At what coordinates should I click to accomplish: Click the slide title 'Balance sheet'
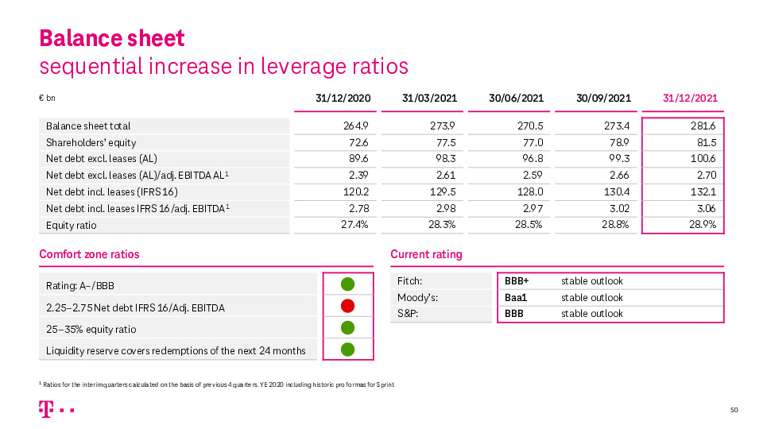pos(112,38)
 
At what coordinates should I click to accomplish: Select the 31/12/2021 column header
pos(690,99)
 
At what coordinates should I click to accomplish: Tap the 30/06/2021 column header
pos(517,99)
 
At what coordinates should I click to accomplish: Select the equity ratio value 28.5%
pos(528,225)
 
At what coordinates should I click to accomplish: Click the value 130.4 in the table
pos(617,191)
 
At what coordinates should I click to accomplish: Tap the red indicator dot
pos(347,306)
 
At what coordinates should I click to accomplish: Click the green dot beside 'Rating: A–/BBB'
pos(347,284)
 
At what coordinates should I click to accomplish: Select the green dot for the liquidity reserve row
pos(347,349)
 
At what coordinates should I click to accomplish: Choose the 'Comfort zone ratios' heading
pos(89,254)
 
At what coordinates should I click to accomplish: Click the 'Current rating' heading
pos(426,254)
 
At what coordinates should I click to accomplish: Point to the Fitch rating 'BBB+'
pos(517,281)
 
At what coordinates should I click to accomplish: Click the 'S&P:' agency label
pos(407,314)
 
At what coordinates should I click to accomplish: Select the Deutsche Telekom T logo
pos(45,409)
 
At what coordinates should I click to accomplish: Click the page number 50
pos(734,410)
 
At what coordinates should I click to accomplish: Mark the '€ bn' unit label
pos(47,99)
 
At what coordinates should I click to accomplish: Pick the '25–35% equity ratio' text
pos(91,329)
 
